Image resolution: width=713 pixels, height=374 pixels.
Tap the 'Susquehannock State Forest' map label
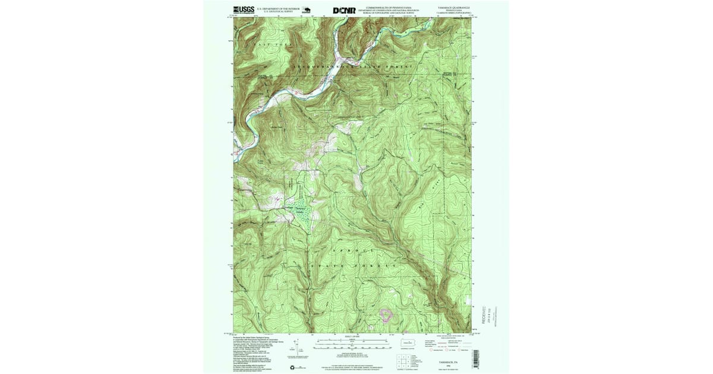[351, 67]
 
